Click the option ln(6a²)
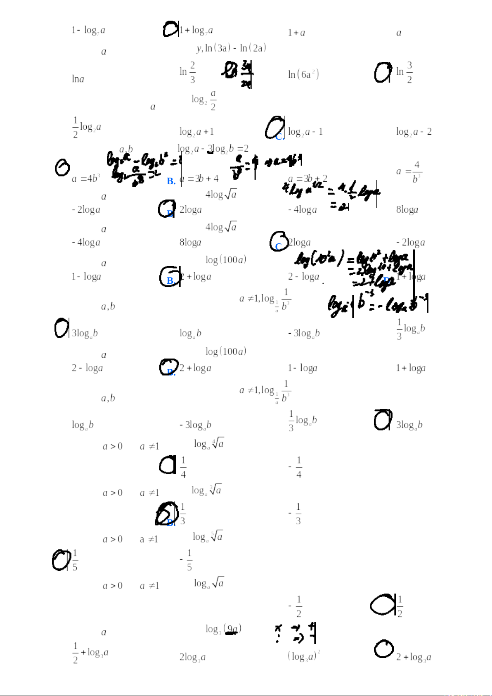[303, 74]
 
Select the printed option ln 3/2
[404, 72]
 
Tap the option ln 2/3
[187, 72]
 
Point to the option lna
[78, 79]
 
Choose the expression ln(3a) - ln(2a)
[231, 48]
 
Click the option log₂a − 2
[414, 132]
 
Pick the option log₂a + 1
[196, 132]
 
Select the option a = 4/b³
[409, 171]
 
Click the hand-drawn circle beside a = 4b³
[62, 167]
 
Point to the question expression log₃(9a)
[223, 629]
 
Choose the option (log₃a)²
[304, 656]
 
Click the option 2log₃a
[192, 657]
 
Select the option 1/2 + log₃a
[90, 652]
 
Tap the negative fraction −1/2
[296, 606]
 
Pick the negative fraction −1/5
[186, 560]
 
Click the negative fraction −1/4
[296, 467]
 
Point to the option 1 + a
[296, 33]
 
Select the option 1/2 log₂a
[87, 127]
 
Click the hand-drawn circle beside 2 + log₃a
[384, 648]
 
